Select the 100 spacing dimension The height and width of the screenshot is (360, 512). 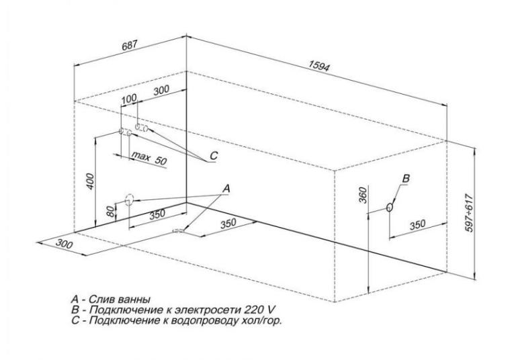point(128,99)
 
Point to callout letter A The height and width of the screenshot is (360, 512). point(226,189)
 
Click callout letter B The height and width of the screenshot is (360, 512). point(404,177)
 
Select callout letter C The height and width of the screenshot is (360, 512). point(213,156)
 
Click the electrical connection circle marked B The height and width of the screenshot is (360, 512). point(389,208)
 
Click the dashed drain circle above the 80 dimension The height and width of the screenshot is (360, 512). point(129,199)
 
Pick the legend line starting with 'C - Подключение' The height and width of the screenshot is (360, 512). point(177,320)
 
